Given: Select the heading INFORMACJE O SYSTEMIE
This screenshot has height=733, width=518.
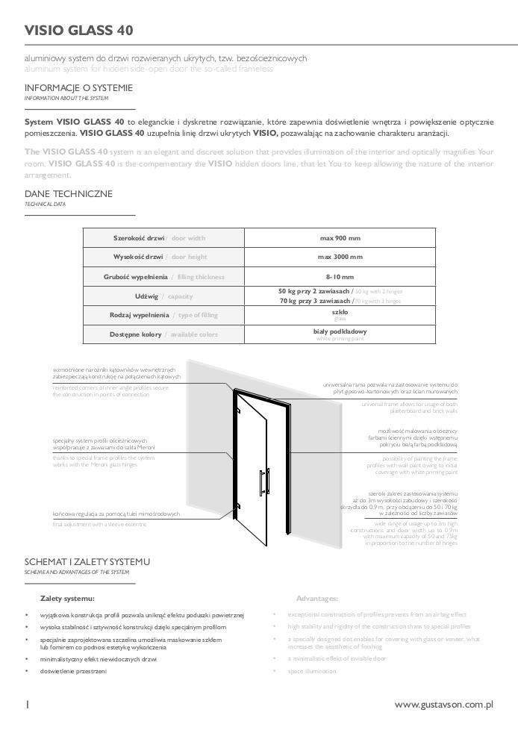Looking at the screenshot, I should (x=78, y=88).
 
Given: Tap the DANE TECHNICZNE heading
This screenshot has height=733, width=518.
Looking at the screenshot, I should (x=69, y=194).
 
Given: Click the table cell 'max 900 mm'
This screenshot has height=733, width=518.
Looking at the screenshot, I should (x=340, y=237).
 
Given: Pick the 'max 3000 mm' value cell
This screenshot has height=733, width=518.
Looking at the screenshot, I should (x=340, y=257).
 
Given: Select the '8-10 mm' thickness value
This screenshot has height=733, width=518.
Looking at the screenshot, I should (x=340, y=276).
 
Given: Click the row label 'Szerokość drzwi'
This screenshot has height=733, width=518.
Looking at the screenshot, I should (x=138, y=237).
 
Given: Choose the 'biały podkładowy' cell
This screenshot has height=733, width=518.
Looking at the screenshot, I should (x=340, y=331).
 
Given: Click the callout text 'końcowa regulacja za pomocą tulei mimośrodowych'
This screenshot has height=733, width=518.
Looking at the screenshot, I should (x=116, y=514).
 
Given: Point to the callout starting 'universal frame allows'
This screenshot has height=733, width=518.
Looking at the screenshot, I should (x=410, y=406).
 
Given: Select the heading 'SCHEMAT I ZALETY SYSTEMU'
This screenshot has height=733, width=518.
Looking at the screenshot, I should (x=87, y=561).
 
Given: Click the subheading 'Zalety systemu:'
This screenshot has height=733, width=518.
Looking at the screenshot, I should (x=67, y=599).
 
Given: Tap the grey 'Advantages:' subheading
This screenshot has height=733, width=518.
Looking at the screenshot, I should (x=317, y=599).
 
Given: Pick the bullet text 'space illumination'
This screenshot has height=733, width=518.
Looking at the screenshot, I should (x=312, y=671).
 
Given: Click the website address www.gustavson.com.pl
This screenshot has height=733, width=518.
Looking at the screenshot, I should (x=445, y=704).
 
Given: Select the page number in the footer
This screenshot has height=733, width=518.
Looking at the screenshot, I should (x=27, y=704).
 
